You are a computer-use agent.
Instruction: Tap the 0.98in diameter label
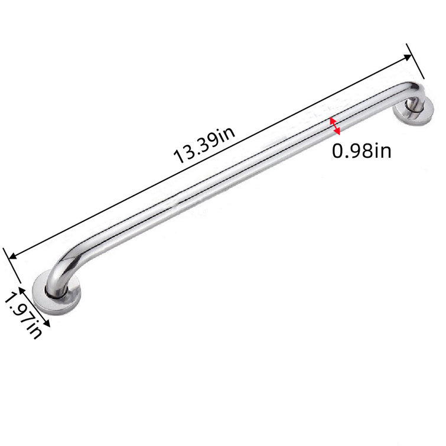coord(362,152)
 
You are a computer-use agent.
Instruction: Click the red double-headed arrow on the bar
coord(334,125)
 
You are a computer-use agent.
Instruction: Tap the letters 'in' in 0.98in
coord(382,152)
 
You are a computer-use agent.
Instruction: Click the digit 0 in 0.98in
coord(338,152)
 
